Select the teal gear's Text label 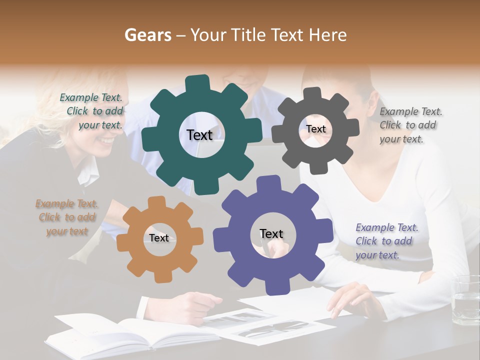coord(199,135)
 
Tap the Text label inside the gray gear coord(316,129)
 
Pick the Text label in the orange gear coord(159,238)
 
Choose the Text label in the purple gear coord(271,233)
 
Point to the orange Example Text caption coord(67,217)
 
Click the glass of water coord(465,300)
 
